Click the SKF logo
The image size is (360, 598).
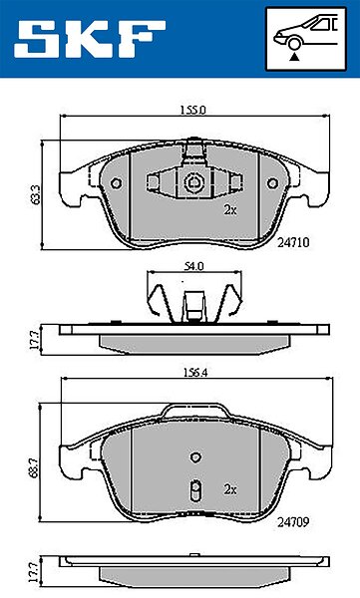pos(90,39)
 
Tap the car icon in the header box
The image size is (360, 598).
pos(306,33)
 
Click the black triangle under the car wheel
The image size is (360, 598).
pos(293,58)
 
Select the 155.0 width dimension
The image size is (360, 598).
pos(193,111)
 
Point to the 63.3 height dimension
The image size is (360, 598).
pos(36,195)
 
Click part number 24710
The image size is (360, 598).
pos(293,242)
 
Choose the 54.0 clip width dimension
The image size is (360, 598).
pos(193,266)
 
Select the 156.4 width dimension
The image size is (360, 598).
pos(195,373)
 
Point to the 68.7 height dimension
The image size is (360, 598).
pos(35,466)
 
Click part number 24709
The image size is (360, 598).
pos(293,521)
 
